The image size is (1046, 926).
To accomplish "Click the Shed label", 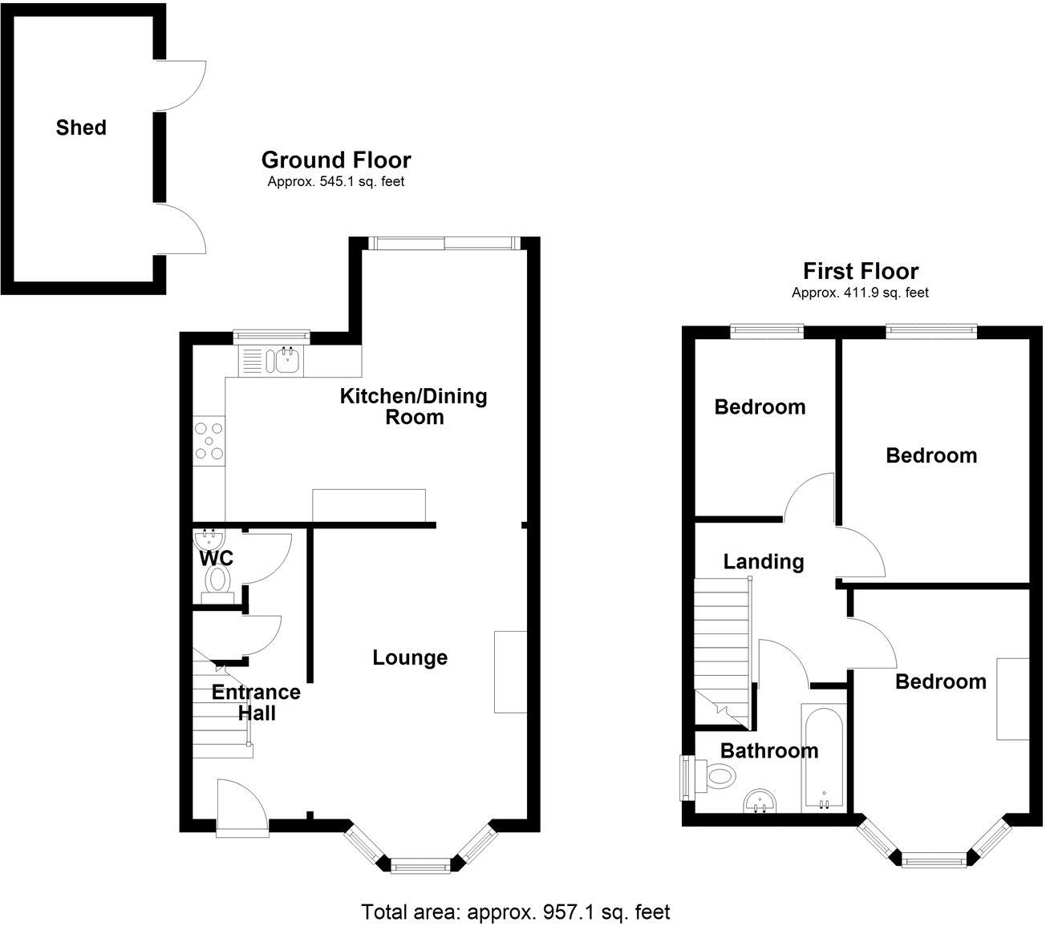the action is (81, 127).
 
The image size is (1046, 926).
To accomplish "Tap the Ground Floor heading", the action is (336, 160).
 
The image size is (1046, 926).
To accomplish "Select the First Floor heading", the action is (861, 272).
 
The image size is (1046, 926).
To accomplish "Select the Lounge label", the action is (410, 658).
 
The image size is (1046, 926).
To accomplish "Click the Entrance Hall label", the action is (256, 702).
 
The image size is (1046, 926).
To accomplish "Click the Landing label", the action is (764, 561).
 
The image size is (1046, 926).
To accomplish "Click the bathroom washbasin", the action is (760, 800).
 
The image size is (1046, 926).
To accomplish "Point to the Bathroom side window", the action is (687, 777).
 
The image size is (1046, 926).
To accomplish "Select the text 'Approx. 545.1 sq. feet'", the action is (335, 182).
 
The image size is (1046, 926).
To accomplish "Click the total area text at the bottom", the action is (515, 912).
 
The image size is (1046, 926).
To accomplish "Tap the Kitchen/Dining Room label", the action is (414, 406).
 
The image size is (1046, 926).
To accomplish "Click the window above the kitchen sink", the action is (272, 334).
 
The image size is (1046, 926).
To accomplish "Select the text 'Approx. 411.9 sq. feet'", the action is (860, 293).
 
